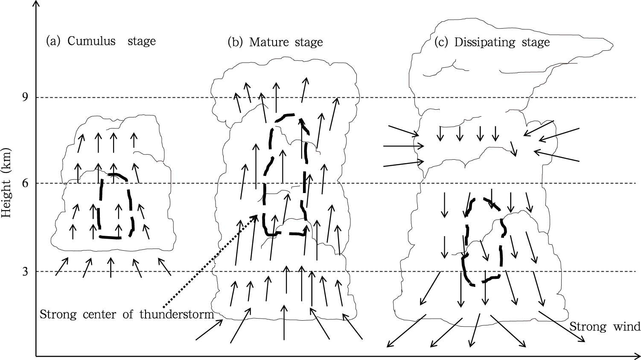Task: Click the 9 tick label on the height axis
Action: click(x=26, y=97)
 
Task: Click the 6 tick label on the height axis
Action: click(x=26, y=183)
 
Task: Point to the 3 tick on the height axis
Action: click(x=26, y=271)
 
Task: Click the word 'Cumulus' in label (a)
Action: click(x=91, y=41)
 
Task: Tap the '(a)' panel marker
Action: click(x=53, y=41)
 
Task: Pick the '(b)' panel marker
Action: click(x=235, y=42)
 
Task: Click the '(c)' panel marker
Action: click(x=441, y=43)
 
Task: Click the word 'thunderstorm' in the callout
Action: click(x=177, y=314)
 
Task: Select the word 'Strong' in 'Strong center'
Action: click(x=58, y=314)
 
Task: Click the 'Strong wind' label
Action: click(x=605, y=327)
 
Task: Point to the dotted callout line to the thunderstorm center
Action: click(x=210, y=261)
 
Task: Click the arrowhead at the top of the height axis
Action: click(x=36, y=3)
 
